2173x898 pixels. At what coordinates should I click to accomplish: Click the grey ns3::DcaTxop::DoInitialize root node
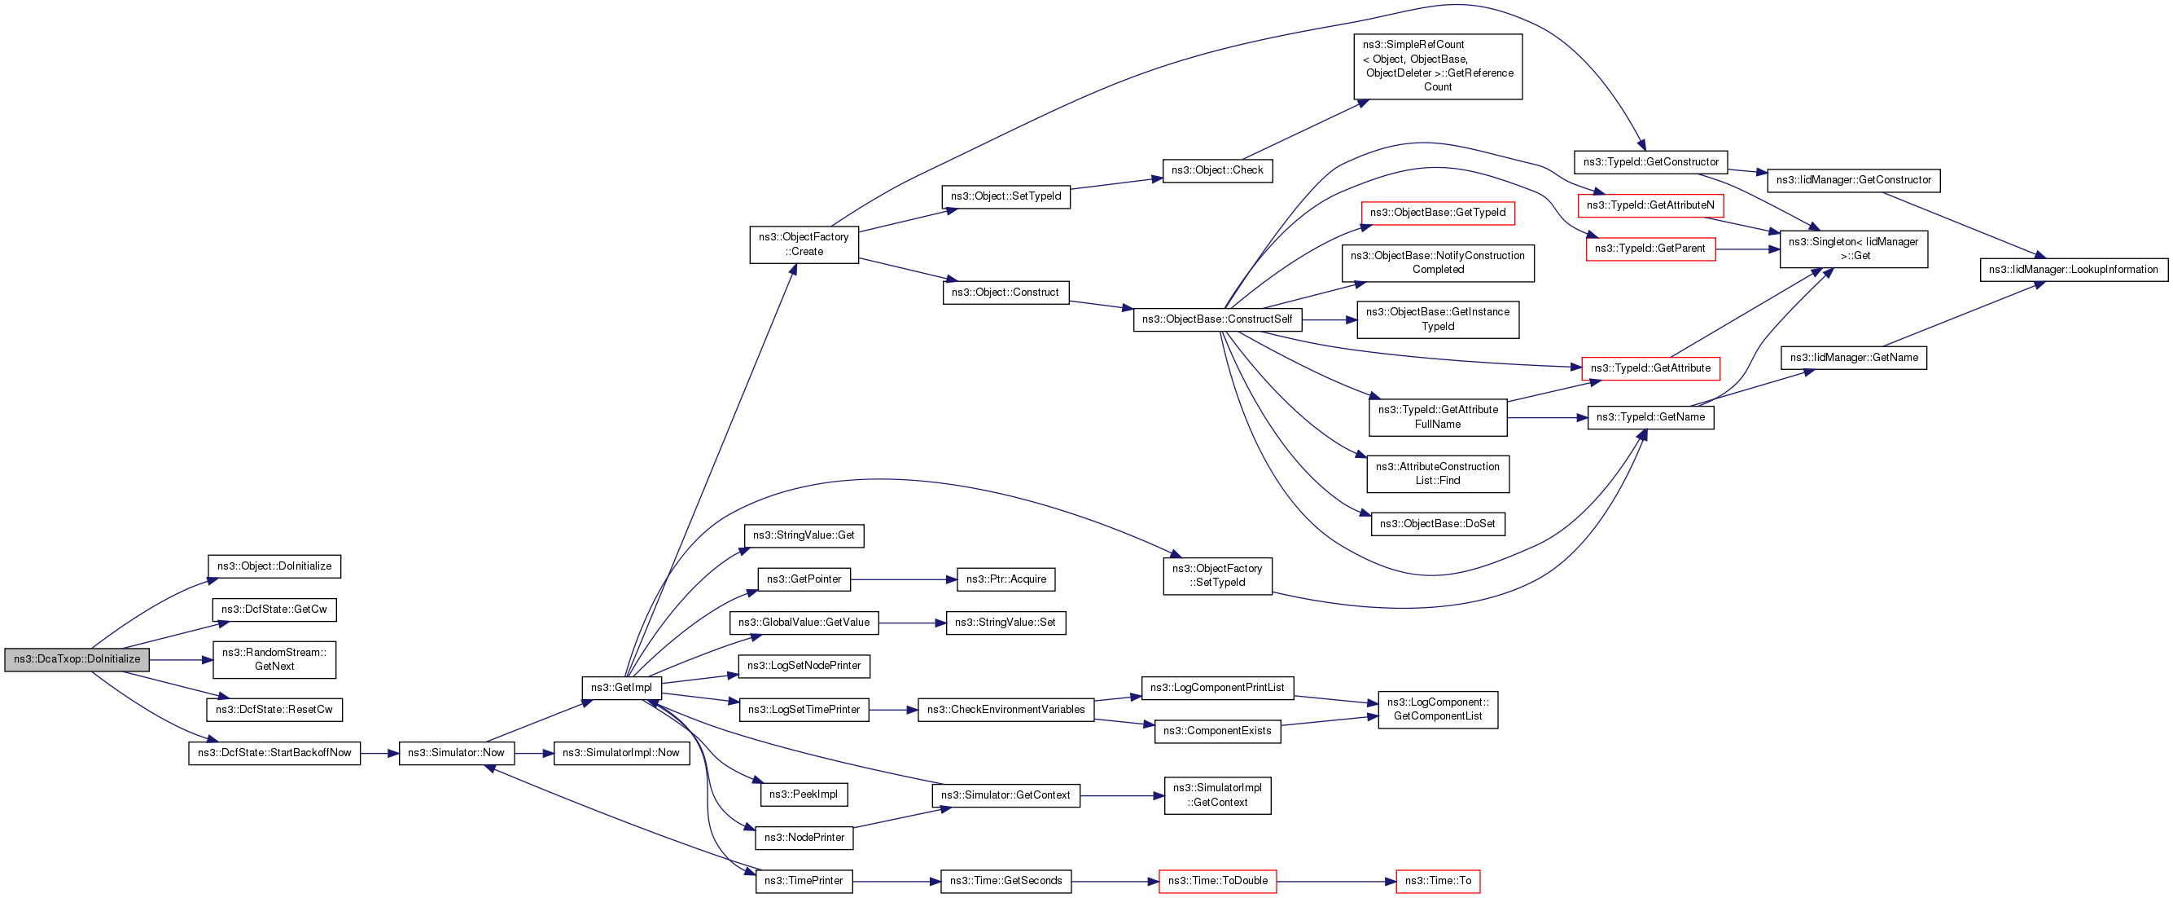[77, 659]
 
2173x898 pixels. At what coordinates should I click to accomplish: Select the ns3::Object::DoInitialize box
[274, 566]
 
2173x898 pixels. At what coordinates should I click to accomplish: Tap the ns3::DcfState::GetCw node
[274, 610]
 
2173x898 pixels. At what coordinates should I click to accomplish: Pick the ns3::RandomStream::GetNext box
[274, 659]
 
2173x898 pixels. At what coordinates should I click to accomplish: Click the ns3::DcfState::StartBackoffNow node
[274, 753]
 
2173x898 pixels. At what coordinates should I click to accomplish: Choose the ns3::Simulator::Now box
[457, 753]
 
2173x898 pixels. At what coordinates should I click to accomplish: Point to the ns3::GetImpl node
[622, 688]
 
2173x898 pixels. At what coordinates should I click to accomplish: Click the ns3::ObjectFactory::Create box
[804, 244]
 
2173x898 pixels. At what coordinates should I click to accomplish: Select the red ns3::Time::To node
[1439, 881]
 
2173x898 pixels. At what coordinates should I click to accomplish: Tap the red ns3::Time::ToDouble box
[1218, 881]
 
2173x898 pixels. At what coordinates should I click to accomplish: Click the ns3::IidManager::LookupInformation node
[2074, 270]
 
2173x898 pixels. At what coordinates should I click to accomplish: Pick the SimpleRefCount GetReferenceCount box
[1439, 66]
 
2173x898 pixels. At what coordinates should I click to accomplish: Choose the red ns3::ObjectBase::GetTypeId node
[1439, 213]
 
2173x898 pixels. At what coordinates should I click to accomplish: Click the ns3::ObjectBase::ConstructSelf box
[1217, 319]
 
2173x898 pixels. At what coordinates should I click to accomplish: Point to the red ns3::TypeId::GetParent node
[1651, 249]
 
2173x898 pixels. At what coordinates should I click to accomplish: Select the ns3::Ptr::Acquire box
[1006, 580]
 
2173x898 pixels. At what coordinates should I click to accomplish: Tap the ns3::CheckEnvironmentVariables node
[1006, 710]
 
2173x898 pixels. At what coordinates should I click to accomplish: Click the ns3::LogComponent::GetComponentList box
[1439, 710]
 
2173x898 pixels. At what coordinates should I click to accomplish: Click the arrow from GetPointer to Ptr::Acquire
[904, 580]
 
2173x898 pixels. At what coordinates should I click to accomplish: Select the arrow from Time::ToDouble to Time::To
[1336, 881]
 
